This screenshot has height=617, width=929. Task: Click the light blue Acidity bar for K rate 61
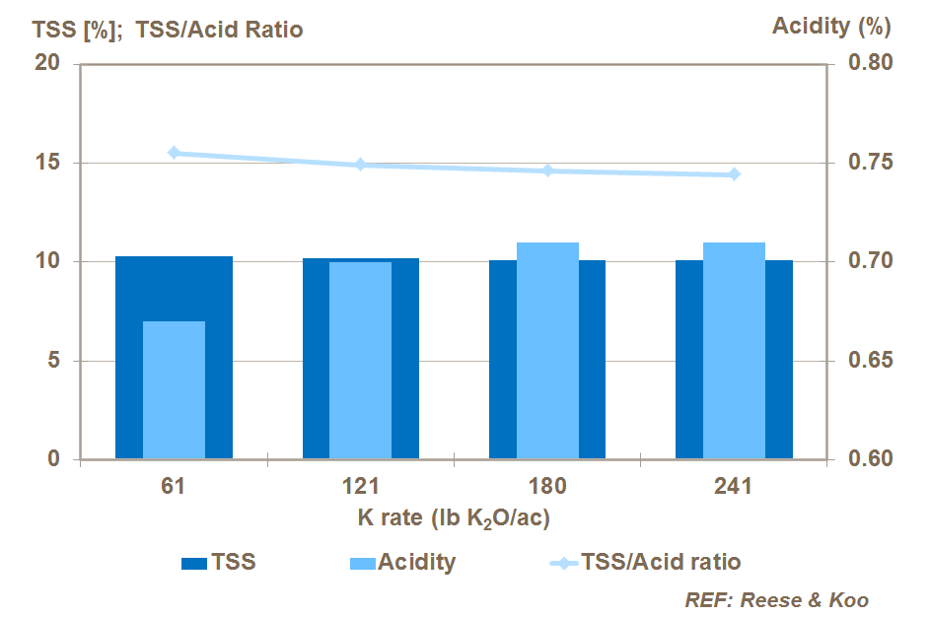[174, 390]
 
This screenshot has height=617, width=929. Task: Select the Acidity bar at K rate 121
[360, 361]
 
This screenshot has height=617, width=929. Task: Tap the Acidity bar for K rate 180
[547, 351]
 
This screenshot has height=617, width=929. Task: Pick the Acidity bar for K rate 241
[734, 351]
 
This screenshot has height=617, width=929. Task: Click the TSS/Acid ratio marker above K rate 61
[174, 153]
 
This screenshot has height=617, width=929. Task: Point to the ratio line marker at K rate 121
[360, 165]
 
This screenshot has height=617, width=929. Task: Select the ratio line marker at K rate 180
[547, 171]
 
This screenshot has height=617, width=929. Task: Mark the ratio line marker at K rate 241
[734, 174]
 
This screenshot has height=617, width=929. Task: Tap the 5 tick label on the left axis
[54, 361]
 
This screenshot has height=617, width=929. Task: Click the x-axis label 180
[547, 486]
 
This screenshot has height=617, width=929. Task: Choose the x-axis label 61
[174, 486]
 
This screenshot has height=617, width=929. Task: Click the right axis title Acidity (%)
[832, 27]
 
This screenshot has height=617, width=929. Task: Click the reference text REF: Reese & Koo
[776, 599]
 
